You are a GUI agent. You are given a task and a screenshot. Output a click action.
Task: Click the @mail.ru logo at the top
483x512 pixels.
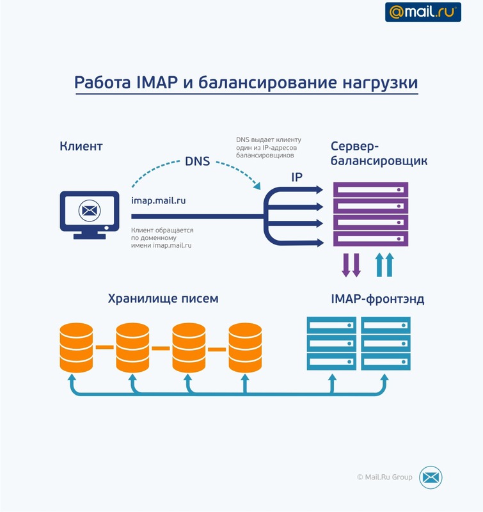pos(422,12)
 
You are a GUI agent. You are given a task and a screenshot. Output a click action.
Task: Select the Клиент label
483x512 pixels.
pos(81,147)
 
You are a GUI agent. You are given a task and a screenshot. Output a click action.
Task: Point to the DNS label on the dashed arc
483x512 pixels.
pos(197,161)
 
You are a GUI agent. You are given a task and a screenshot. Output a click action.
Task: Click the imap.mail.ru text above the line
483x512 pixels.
pos(159,200)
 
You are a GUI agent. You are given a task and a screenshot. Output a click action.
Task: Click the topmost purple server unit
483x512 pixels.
pos(370,189)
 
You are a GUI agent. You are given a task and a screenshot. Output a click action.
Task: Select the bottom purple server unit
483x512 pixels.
pos(370,239)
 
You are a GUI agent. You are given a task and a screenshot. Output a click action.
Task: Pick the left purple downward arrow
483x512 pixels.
pos(346,264)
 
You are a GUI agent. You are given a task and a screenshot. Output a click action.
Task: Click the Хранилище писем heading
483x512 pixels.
pos(163,298)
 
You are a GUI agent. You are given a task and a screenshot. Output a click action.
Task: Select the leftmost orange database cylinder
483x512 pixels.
pos(76,348)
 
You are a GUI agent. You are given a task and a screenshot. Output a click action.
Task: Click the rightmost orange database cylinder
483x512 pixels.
pos(246,348)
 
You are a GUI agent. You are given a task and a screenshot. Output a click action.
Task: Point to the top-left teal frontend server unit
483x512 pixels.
pos(331,326)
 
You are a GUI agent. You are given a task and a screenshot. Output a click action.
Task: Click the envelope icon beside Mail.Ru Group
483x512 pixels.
pos(431,477)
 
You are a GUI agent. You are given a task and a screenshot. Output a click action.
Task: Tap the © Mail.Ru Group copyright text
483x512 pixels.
pos(384,477)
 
